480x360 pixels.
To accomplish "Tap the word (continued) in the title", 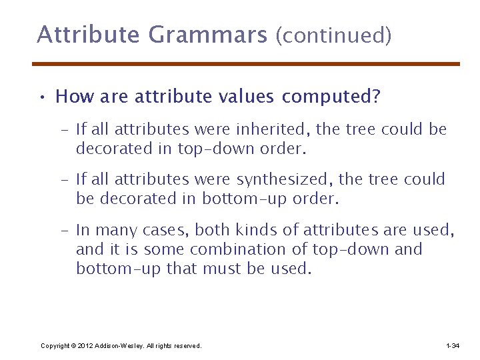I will click(333, 35).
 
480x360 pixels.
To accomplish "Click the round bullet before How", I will click(42, 98).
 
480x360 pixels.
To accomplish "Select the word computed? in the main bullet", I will click(331, 97).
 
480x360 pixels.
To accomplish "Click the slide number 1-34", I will click(452, 346).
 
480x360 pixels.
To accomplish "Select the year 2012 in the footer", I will click(85, 346).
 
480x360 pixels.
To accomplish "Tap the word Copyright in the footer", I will click(55, 346).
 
